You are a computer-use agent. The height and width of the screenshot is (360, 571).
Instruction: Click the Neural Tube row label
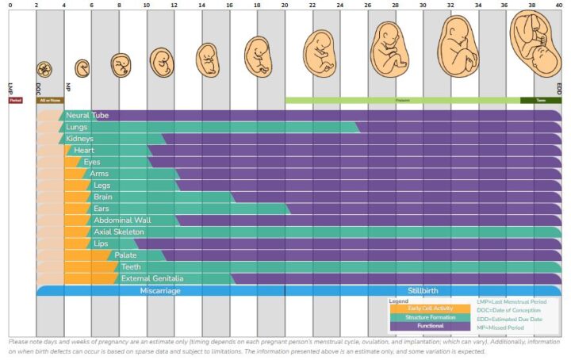[87, 116]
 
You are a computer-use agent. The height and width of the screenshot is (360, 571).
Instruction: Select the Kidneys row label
[80, 139]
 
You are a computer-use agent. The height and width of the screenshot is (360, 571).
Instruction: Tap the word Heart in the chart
[84, 151]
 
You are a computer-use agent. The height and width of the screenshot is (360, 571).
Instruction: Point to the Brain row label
[103, 197]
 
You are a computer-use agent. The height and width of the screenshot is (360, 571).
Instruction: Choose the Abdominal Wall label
[122, 220]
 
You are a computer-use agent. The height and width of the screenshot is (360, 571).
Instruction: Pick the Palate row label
[125, 255]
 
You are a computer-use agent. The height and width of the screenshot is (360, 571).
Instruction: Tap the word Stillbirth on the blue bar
[422, 291]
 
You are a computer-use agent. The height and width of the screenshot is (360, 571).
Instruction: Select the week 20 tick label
[285, 5]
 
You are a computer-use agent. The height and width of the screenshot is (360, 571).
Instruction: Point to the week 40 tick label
[560, 5]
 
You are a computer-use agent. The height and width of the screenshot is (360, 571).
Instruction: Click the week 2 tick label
[36, 5]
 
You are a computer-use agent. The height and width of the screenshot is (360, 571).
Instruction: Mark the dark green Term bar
[541, 101]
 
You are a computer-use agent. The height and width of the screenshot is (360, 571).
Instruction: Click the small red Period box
[15, 101]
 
